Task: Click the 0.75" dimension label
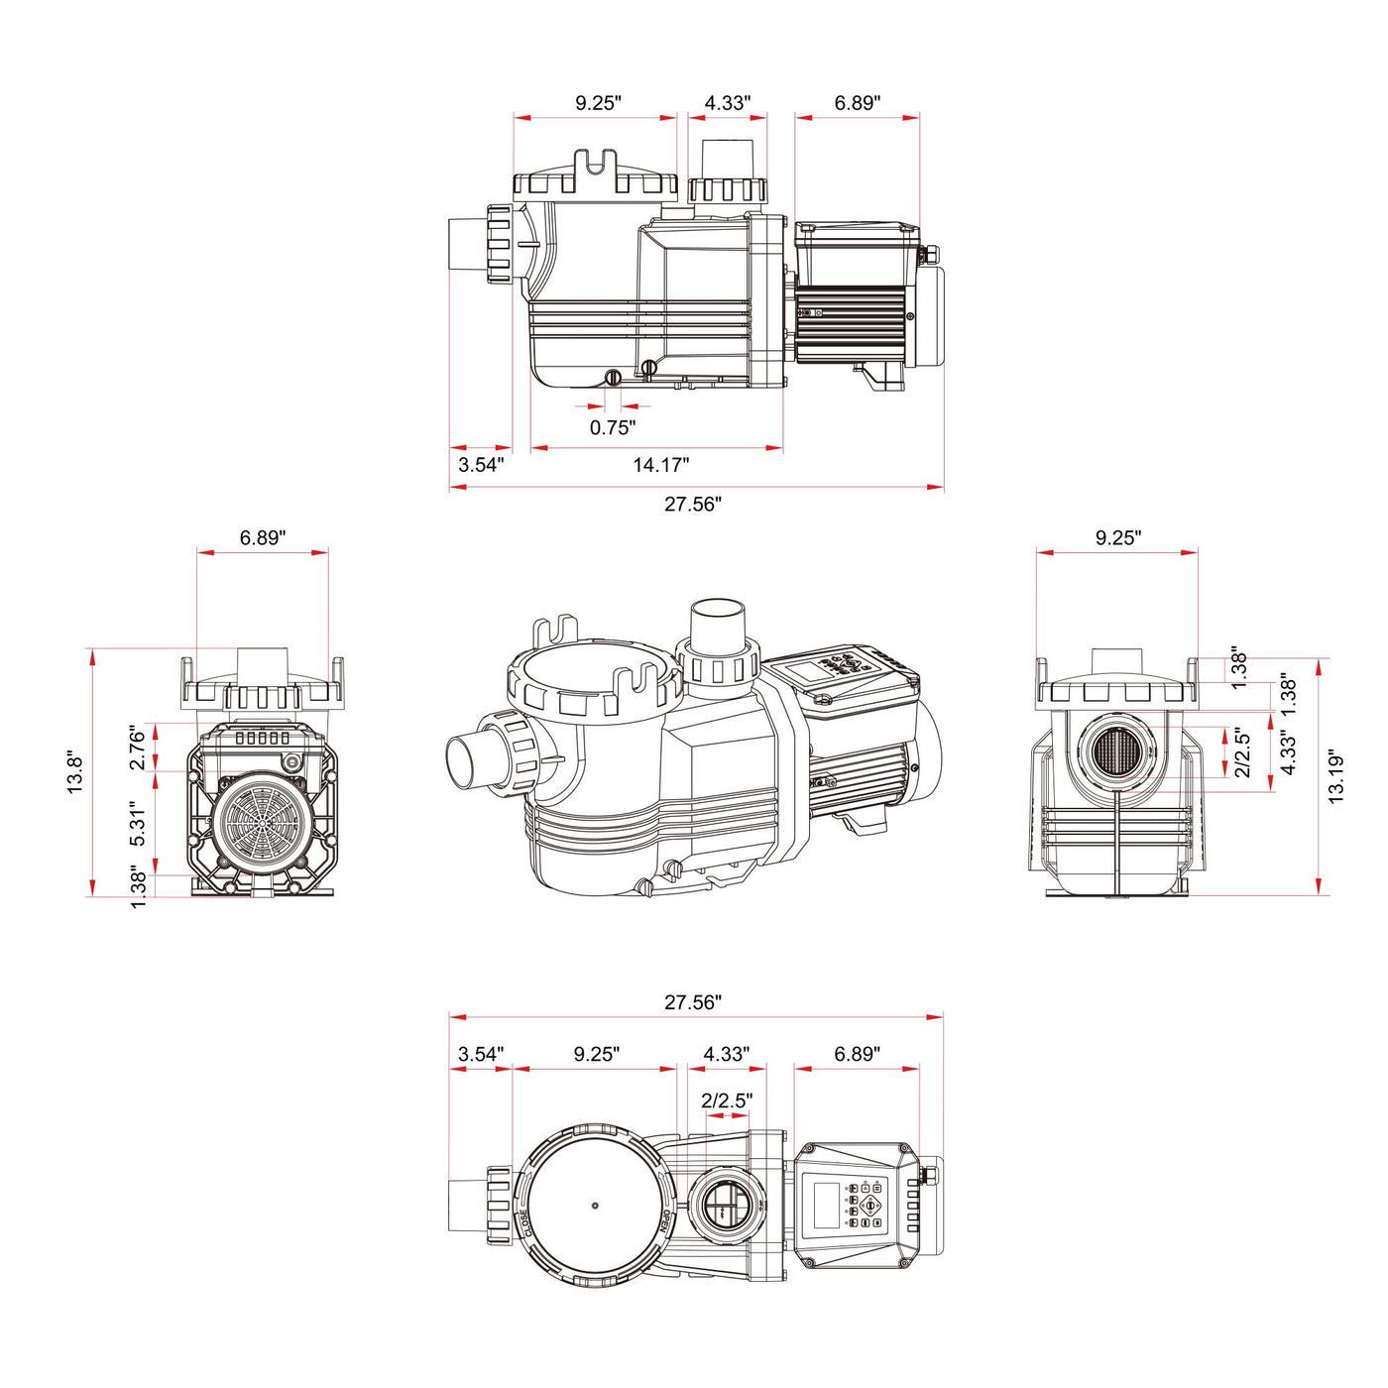coord(612,427)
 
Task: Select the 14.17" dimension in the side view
coord(660,464)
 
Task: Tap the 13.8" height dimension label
coord(75,773)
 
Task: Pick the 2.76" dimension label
coord(138,748)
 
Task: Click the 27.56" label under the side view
coord(692,504)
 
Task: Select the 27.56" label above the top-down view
coord(692,1002)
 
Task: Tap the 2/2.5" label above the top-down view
coord(726,1100)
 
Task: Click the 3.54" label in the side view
coord(481,464)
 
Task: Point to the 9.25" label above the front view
coord(1117,537)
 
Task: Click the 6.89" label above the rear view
coord(262,537)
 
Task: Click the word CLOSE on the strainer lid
coord(523,1221)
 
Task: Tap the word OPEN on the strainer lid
coord(666,1221)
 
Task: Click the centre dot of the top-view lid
coord(595,1206)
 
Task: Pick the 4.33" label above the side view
coord(727,102)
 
